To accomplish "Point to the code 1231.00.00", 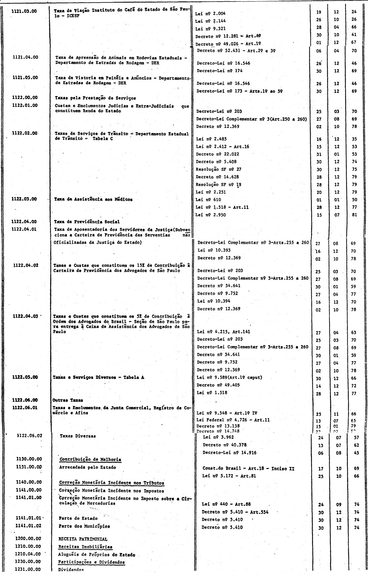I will point(28,570).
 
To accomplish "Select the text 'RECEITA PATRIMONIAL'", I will point(83,539).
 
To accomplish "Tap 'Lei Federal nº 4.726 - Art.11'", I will point(233,420).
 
